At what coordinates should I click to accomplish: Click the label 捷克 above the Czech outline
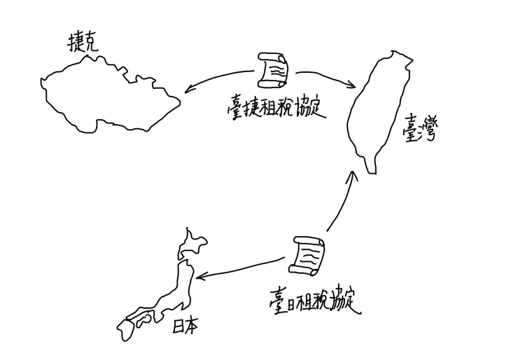click(x=82, y=43)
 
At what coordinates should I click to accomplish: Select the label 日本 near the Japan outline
click(x=185, y=325)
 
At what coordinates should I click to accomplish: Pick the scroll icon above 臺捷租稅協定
click(x=273, y=69)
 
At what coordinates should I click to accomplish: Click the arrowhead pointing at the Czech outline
click(x=189, y=89)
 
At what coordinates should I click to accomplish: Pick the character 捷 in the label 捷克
click(x=73, y=43)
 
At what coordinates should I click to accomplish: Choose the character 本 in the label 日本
click(x=192, y=325)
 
